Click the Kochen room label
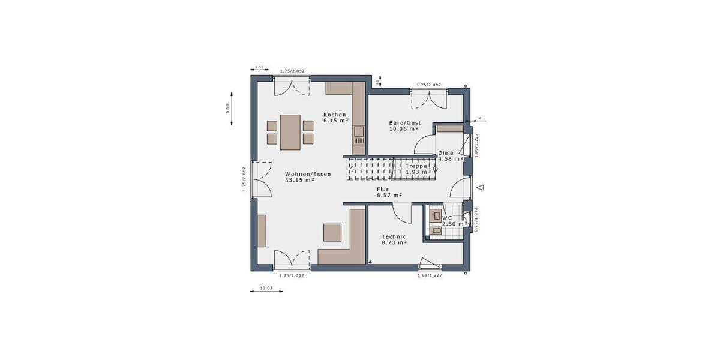click(x=334, y=115)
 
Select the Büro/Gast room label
click(x=405, y=122)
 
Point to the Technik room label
click(x=393, y=236)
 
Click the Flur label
click(x=383, y=189)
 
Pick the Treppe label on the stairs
click(x=416, y=166)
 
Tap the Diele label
click(x=446, y=153)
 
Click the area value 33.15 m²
click(x=300, y=180)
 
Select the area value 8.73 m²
click(x=394, y=242)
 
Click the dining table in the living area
click(x=290, y=131)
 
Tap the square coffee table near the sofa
click(x=332, y=232)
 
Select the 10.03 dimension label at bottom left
click(x=266, y=289)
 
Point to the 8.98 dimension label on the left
click(x=227, y=109)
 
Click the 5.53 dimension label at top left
click(x=259, y=67)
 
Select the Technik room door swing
click(x=401, y=211)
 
